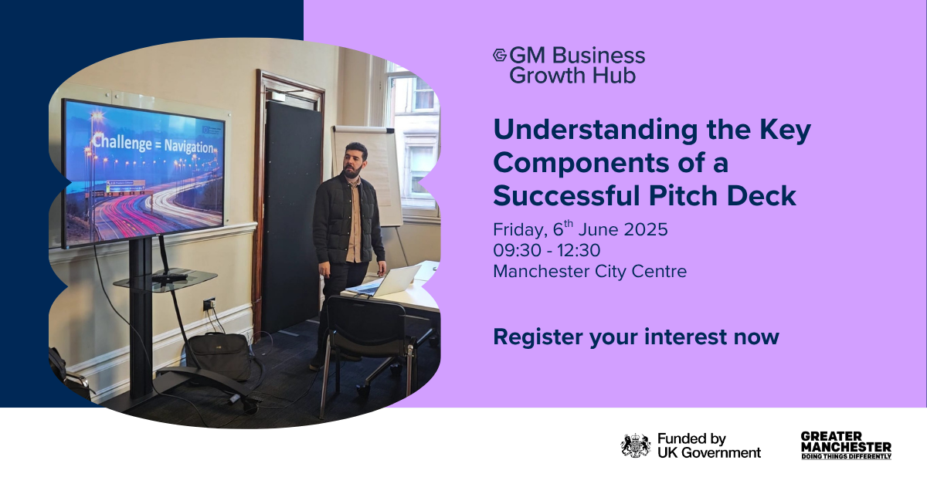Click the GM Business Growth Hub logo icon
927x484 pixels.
[500, 55]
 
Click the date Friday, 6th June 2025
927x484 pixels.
[580, 228]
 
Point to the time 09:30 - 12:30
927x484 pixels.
[547, 250]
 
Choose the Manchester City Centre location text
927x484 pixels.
[589, 272]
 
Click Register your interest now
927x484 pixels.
[636, 337]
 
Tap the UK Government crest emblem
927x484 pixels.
[636, 445]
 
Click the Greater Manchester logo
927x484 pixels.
[846, 445]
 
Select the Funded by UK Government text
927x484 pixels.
[709, 445]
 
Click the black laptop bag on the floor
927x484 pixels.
[219, 355]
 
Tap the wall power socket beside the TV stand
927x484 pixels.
[209, 304]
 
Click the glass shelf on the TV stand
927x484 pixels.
[165, 280]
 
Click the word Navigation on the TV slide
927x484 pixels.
[188, 146]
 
